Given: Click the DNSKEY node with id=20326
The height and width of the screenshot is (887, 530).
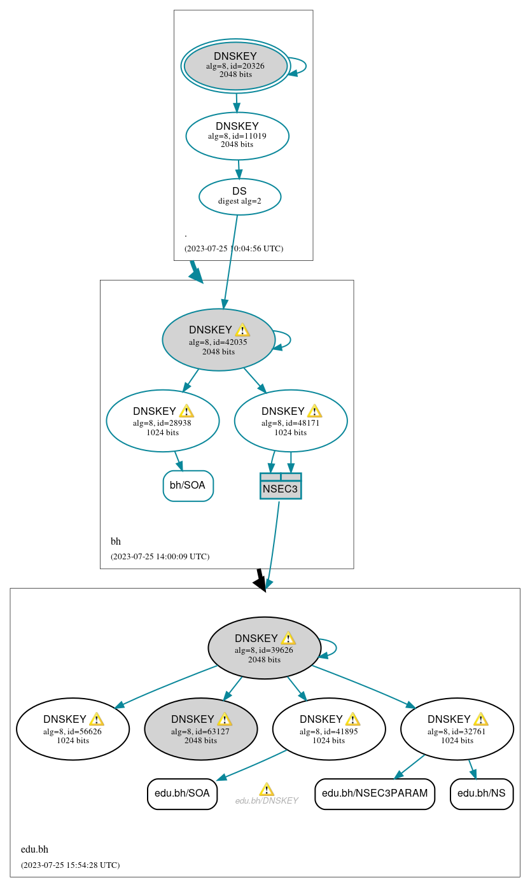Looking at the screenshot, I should click(x=235, y=66).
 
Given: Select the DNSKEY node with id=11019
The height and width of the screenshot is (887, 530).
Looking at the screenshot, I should click(x=237, y=136).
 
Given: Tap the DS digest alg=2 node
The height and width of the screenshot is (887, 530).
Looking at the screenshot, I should click(x=240, y=197).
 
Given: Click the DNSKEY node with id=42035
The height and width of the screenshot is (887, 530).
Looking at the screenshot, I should click(x=218, y=340).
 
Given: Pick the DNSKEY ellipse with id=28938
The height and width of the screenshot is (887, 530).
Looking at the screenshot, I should click(x=162, y=421).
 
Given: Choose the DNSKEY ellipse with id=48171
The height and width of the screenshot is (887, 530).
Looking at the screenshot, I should click(x=291, y=421).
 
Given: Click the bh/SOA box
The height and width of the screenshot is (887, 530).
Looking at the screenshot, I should click(x=188, y=485).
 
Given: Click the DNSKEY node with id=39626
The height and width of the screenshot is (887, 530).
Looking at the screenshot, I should click(x=264, y=648).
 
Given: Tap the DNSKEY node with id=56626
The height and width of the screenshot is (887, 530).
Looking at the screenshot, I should click(x=73, y=729).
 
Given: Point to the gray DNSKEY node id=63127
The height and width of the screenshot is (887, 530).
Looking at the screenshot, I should click(x=200, y=729).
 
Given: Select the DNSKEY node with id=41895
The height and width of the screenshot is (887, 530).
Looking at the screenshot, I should click(x=329, y=729).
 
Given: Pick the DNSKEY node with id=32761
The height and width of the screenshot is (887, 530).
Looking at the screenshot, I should click(x=457, y=729).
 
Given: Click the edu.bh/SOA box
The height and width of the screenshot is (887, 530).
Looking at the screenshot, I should click(x=182, y=793).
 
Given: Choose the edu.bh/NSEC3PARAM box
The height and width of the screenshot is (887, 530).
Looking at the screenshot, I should click(x=375, y=793).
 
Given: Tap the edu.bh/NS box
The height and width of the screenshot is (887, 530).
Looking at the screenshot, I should click(x=482, y=793).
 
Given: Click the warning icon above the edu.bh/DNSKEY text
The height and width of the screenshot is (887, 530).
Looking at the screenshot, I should click(x=267, y=789).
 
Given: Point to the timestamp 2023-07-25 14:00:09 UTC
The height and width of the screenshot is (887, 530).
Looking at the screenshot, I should click(x=160, y=556).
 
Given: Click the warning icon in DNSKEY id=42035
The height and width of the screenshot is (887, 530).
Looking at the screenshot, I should click(x=242, y=330).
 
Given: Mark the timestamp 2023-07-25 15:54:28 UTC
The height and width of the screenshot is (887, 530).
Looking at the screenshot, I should click(x=70, y=865).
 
